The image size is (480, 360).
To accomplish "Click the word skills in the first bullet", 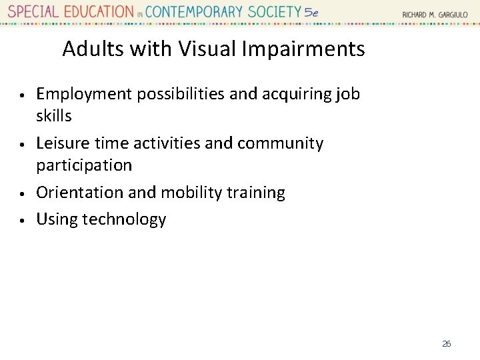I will (x=53, y=115).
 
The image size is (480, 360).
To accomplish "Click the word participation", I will (x=84, y=165).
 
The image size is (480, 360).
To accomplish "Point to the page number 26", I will (x=446, y=344).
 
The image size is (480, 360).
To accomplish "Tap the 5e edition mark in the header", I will (x=311, y=13).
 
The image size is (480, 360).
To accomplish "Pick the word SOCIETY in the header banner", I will (x=275, y=12).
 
